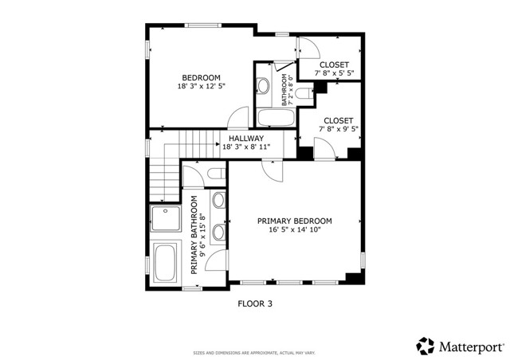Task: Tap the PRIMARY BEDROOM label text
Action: click(294, 221)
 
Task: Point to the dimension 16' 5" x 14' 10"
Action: click(294, 231)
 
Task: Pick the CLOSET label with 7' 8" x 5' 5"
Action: click(334, 65)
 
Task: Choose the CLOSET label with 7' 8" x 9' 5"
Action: click(338, 121)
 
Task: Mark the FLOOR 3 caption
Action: click(255, 303)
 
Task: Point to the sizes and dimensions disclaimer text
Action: click(254, 353)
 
